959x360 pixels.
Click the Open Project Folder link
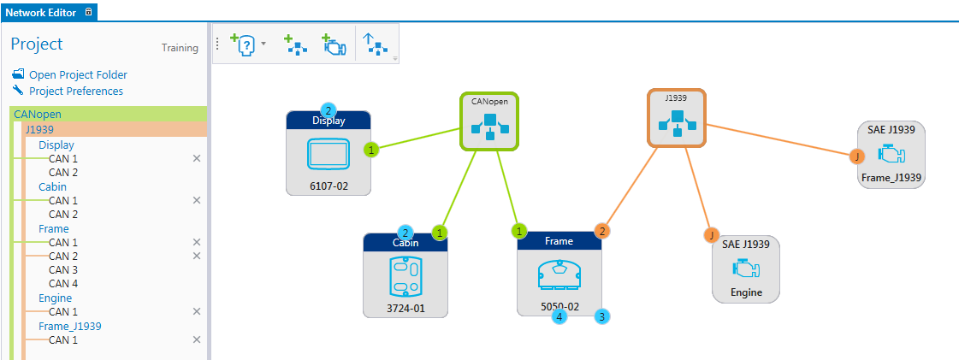78,75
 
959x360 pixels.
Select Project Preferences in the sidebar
75,91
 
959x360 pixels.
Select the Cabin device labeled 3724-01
406,277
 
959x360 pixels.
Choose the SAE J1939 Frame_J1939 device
891,155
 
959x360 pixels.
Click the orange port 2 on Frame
602,231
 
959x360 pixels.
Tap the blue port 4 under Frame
559,316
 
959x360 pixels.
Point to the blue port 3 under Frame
602,316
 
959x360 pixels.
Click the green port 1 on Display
371,150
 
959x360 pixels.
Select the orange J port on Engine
711,234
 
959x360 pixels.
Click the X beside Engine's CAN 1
197,312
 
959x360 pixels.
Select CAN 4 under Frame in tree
63,284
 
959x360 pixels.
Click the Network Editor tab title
43,13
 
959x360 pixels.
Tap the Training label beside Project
180,49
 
